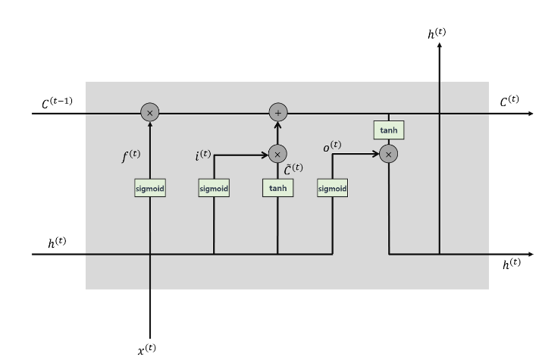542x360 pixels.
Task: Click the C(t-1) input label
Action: pos(57,100)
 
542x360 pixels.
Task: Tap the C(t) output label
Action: pos(509,100)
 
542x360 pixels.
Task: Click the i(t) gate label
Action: pos(203,155)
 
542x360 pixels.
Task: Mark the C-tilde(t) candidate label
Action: pos(293,167)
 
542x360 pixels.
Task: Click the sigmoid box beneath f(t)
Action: pos(150,189)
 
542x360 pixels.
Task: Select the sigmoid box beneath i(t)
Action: pos(214,189)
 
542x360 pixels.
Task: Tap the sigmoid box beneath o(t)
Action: pos(332,189)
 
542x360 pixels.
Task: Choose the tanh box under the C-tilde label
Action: pos(277,189)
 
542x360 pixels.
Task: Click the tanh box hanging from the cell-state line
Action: pos(388,130)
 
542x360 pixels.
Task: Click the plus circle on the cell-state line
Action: pos(277,114)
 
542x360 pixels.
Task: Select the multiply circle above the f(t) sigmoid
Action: pos(150,114)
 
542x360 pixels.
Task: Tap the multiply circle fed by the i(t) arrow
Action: pos(277,154)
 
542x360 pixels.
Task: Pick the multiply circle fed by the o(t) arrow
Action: pos(388,154)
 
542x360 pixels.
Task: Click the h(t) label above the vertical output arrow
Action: pos(437,33)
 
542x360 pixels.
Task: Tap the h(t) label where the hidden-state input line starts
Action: pos(57,243)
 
